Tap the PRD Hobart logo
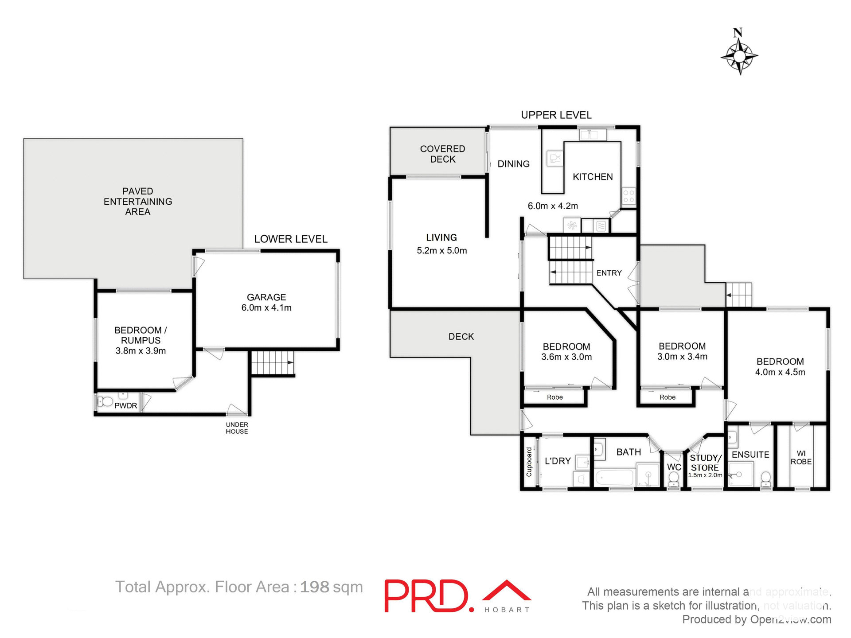pos(457,596)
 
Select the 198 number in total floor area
pos(314,587)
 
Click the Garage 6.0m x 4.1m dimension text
pos(266,308)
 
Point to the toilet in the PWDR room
pos(105,402)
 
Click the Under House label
pos(237,428)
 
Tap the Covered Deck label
pos(442,154)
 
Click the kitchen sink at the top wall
pos(593,135)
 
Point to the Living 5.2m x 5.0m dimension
pos(441,251)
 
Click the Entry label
pos(609,273)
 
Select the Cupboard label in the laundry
pos(529,462)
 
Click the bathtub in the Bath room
pos(614,478)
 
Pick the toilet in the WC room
pos(673,479)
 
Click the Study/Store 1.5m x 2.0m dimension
pos(705,475)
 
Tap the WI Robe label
pos(801,457)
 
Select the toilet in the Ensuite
pos(765,479)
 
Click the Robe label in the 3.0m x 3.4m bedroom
pos(667,397)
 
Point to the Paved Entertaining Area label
pos(137,202)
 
